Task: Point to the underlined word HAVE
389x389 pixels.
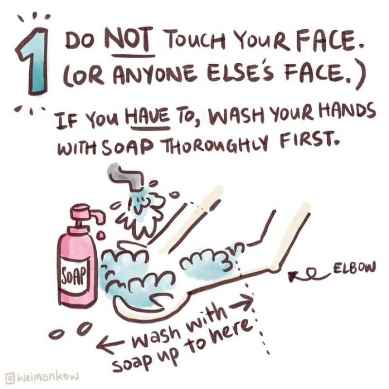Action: click(x=148, y=116)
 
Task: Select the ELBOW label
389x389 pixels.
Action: click(x=354, y=268)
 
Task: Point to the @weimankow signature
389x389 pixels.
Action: click(x=43, y=377)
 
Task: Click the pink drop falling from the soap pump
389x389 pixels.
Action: click(x=101, y=236)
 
